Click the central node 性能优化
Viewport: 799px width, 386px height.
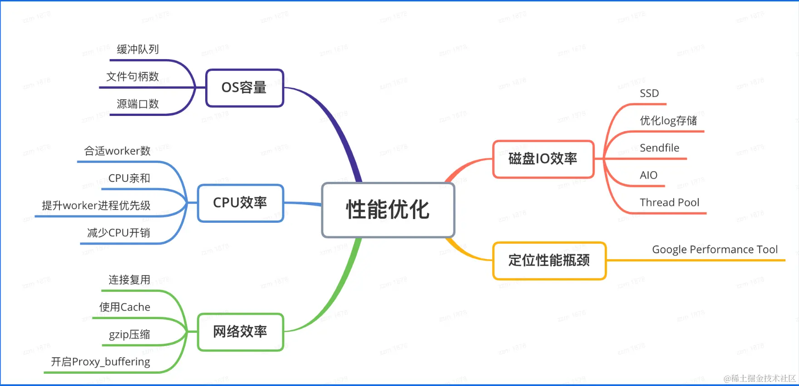click(388, 210)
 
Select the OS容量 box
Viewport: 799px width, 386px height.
click(244, 88)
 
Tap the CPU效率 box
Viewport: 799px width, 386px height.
click(240, 203)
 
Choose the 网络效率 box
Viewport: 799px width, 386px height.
click(240, 332)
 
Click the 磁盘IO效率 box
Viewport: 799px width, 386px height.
click(543, 159)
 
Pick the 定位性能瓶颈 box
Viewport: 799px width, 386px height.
click(549, 261)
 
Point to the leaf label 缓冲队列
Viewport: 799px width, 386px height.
click(138, 49)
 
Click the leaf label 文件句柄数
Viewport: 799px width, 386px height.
click(132, 76)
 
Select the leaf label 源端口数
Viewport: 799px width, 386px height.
click(138, 104)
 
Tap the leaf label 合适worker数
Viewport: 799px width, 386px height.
click(117, 151)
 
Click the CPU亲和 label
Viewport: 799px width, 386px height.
click(129, 178)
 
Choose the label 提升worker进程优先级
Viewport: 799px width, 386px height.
click(96, 206)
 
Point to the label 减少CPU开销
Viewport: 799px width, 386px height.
click(118, 233)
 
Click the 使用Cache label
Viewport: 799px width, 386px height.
click(125, 307)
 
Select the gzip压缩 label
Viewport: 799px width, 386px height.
click(129, 335)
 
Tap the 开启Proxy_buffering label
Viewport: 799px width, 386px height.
click(100, 362)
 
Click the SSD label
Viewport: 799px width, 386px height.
click(649, 94)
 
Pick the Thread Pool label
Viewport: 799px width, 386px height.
click(669, 203)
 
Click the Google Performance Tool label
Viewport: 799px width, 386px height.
click(715, 250)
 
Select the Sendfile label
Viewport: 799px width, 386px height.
click(659, 148)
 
